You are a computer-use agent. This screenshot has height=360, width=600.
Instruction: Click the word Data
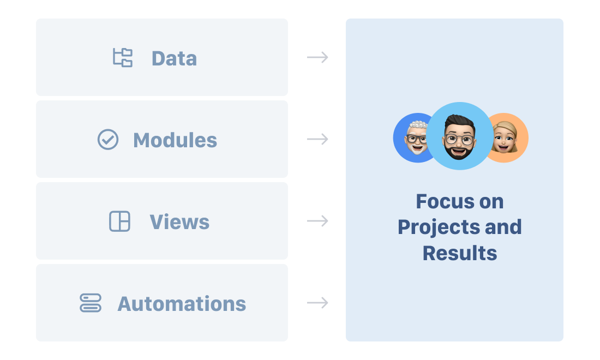174,58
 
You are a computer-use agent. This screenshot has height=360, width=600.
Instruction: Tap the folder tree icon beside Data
123,57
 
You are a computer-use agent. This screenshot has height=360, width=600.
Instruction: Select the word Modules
175,140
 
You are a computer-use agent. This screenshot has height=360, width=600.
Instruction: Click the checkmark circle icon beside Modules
108,139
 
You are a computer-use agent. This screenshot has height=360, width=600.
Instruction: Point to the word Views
179,222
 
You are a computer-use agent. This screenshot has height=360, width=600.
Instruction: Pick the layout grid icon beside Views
120,221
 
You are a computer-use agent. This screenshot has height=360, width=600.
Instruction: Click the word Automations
182,304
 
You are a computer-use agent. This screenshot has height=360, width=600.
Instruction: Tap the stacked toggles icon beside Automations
91,303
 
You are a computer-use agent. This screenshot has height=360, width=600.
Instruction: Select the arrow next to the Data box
317,57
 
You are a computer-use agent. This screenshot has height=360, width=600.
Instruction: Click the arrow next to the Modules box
317,139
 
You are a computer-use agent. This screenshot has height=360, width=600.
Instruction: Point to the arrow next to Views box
317,221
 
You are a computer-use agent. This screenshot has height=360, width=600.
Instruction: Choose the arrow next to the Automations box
317,303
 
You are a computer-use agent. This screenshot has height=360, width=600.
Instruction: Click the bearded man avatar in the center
460,136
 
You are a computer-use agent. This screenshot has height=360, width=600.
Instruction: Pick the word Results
460,253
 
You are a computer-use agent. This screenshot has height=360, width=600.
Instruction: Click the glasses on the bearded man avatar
459,139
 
